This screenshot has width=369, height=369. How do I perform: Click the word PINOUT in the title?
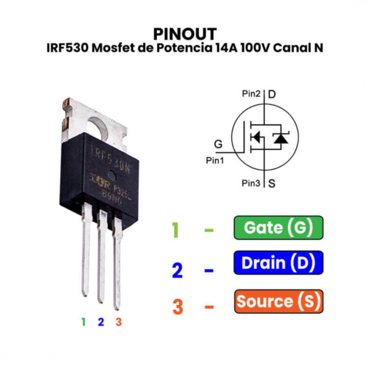coord(184,34)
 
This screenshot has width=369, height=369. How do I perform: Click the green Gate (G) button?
coord(278,227)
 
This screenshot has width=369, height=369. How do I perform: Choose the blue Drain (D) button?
coord(278,263)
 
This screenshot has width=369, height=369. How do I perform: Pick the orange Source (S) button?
coord(278,302)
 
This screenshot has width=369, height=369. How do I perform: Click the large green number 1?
coord(175,230)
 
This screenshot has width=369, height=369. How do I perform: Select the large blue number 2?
coord(177,270)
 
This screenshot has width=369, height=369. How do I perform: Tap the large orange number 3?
coord(178,307)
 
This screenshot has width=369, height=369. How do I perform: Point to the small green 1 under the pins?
coord(83,322)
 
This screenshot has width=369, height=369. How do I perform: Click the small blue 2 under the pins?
coord(101,322)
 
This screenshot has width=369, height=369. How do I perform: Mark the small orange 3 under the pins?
coord(119,322)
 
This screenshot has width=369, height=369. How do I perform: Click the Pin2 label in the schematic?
coord(251,94)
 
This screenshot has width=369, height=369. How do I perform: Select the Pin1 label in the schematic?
coord(215,161)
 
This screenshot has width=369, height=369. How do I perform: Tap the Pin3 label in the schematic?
coord(251,183)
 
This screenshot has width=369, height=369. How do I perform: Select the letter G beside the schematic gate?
coord(218,144)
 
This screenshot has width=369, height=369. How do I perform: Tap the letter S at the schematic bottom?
coord(272,183)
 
